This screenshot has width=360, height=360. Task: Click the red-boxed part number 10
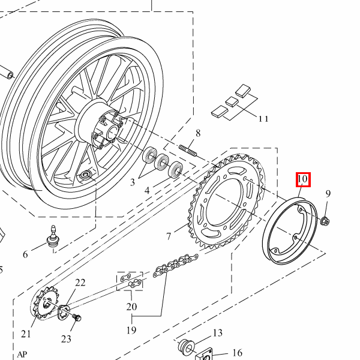click(x=302, y=179)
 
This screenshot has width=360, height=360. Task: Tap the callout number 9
click(x=328, y=193)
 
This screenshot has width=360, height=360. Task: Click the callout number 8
click(x=197, y=133)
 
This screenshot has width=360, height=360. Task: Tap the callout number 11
click(x=263, y=118)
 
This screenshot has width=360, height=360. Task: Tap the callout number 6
click(x=25, y=254)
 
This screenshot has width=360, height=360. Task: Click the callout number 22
click(x=80, y=283)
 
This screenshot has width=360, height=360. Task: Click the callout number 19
click(x=131, y=330)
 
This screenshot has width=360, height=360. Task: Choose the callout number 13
click(x=217, y=333)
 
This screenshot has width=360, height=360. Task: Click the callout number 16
click(x=237, y=353)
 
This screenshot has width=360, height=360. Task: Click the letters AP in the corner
click(x=22, y=354)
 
